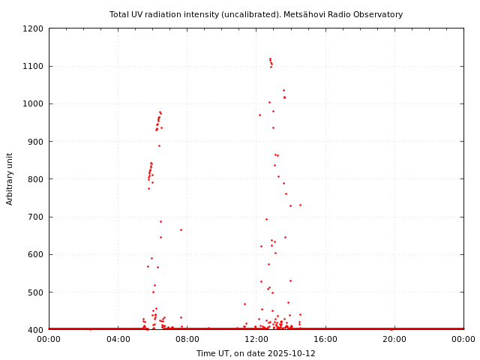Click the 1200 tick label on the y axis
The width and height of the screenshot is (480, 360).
pyautogui.click(x=33, y=28)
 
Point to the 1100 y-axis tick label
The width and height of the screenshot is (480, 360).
pyautogui.click(x=33, y=66)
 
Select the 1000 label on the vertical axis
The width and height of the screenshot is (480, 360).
pyautogui.click(x=33, y=103)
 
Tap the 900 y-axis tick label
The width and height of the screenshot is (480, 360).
pyautogui.click(x=35, y=142)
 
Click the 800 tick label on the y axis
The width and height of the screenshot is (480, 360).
pyautogui.click(x=35, y=179)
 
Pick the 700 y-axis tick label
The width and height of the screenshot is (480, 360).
pyautogui.click(x=35, y=217)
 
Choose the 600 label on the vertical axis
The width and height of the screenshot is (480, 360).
pyautogui.click(x=35, y=254)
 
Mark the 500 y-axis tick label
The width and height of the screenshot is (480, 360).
pyautogui.click(x=35, y=292)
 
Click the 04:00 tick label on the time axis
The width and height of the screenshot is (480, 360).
pyautogui.click(x=118, y=339)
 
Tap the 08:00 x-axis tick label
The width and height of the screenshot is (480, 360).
pyautogui.click(x=187, y=339)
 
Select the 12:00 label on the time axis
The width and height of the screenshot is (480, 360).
pyautogui.click(x=256, y=339)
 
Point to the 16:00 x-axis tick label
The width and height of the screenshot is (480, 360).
pyautogui.click(x=325, y=339)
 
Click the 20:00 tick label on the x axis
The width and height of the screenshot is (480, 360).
pyautogui.click(x=394, y=339)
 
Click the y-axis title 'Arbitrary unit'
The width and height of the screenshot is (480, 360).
pyautogui.click(x=10, y=178)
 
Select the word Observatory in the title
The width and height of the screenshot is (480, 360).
pyautogui.click(x=379, y=14)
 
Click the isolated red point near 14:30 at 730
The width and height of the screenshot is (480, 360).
pyautogui.click(x=300, y=205)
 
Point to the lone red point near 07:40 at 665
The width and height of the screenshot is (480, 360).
pyautogui.click(x=181, y=229)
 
